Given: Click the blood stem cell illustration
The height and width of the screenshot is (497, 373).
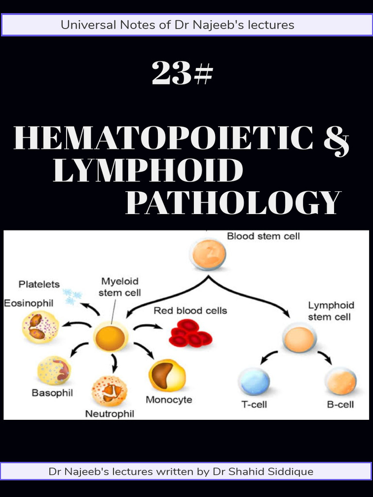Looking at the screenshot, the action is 209,254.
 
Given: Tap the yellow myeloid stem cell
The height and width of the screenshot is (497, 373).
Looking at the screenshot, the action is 110,338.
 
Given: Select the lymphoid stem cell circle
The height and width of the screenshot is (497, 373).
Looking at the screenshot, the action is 300,339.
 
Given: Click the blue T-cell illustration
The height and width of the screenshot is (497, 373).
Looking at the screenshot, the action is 254,381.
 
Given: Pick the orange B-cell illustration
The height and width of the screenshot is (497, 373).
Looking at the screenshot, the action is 340,381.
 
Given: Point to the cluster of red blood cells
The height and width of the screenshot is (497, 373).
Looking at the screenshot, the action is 190,333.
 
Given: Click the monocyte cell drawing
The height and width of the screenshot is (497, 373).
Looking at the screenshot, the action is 167,375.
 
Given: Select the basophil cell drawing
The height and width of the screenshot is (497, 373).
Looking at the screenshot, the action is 54,371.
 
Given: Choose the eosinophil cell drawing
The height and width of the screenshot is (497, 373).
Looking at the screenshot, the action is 40,327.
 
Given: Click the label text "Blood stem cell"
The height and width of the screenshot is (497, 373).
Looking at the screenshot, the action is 263,236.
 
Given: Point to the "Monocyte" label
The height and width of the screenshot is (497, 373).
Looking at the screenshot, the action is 169,400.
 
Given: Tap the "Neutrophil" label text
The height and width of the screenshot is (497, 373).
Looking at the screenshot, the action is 110,414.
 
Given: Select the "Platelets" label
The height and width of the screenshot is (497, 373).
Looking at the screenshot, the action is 39,284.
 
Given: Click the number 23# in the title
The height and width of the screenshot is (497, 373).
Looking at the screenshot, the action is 182,74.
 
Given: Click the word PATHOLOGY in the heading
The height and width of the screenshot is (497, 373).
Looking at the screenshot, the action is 234,203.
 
